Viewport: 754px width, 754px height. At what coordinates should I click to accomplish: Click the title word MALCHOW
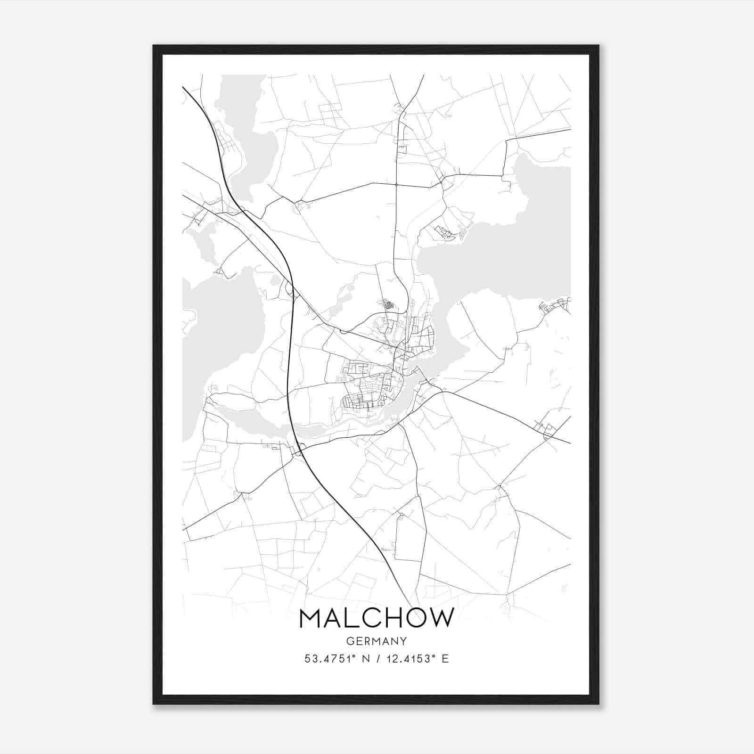(x=377, y=618)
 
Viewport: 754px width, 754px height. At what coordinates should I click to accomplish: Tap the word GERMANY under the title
(x=377, y=641)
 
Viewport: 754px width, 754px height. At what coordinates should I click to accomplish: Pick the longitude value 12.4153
(x=407, y=659)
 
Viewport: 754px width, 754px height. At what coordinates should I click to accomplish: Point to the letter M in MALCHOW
(x=311, y=618)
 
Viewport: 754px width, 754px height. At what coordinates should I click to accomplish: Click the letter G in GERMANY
(x=350, y=641)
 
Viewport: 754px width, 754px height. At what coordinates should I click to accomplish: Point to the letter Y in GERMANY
(x=403, y=641)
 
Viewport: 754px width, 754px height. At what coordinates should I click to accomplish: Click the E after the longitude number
(x=445, y=659)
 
